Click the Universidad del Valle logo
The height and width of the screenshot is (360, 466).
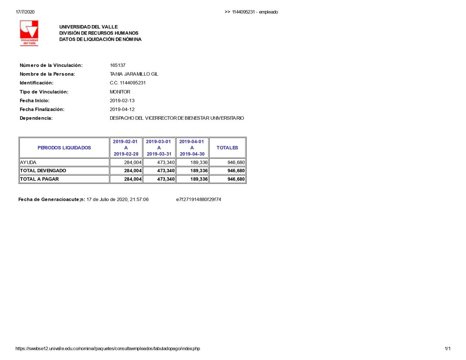pyautogui.click(x=29, y=33)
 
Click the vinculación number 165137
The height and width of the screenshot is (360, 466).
pyautogui.click(x=118, y=66)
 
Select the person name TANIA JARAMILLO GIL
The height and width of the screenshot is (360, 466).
pyautogui.click(x=134, y=74)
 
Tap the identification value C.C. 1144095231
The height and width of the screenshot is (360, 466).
pyautogui.click(x=128, y=83)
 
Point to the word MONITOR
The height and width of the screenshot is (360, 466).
pyautogui.click(x=120, y=92)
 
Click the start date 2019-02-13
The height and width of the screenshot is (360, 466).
pyautogui.click(x=122, y=101)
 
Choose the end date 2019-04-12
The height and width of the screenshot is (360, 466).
pyautogui.click(x=122, y=110)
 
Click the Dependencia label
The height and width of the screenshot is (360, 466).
pyautogui.click(x=36, y=118)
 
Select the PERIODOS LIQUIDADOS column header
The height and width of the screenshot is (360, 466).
pyautogui.click(x=64, y=148)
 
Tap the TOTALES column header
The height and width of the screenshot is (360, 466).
pyautogui.click(x=227, y=148)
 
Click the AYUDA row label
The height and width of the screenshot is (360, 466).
pyautogui.click(x=28, y=163)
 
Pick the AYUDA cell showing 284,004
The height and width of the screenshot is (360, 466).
pyautogui.click(x=133, y=163)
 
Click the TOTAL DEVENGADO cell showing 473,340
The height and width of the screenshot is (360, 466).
pyautogui.click(x=166, y=171)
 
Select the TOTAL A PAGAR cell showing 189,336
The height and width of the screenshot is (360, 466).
pyautogui.click(x=199, y=179)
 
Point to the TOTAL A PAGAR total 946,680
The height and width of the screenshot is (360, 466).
pyautogui.click(x=236, y=179)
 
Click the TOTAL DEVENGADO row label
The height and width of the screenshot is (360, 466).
pyautogui.click(x=43, y=171)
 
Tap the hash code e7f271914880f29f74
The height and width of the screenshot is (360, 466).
pyautogui.click(x=198, y=199)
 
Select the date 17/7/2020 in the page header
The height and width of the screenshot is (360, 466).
pyautogui.click(x=25, y=12)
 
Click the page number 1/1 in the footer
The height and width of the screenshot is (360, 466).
pyautogui.click(x=447, y=349)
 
